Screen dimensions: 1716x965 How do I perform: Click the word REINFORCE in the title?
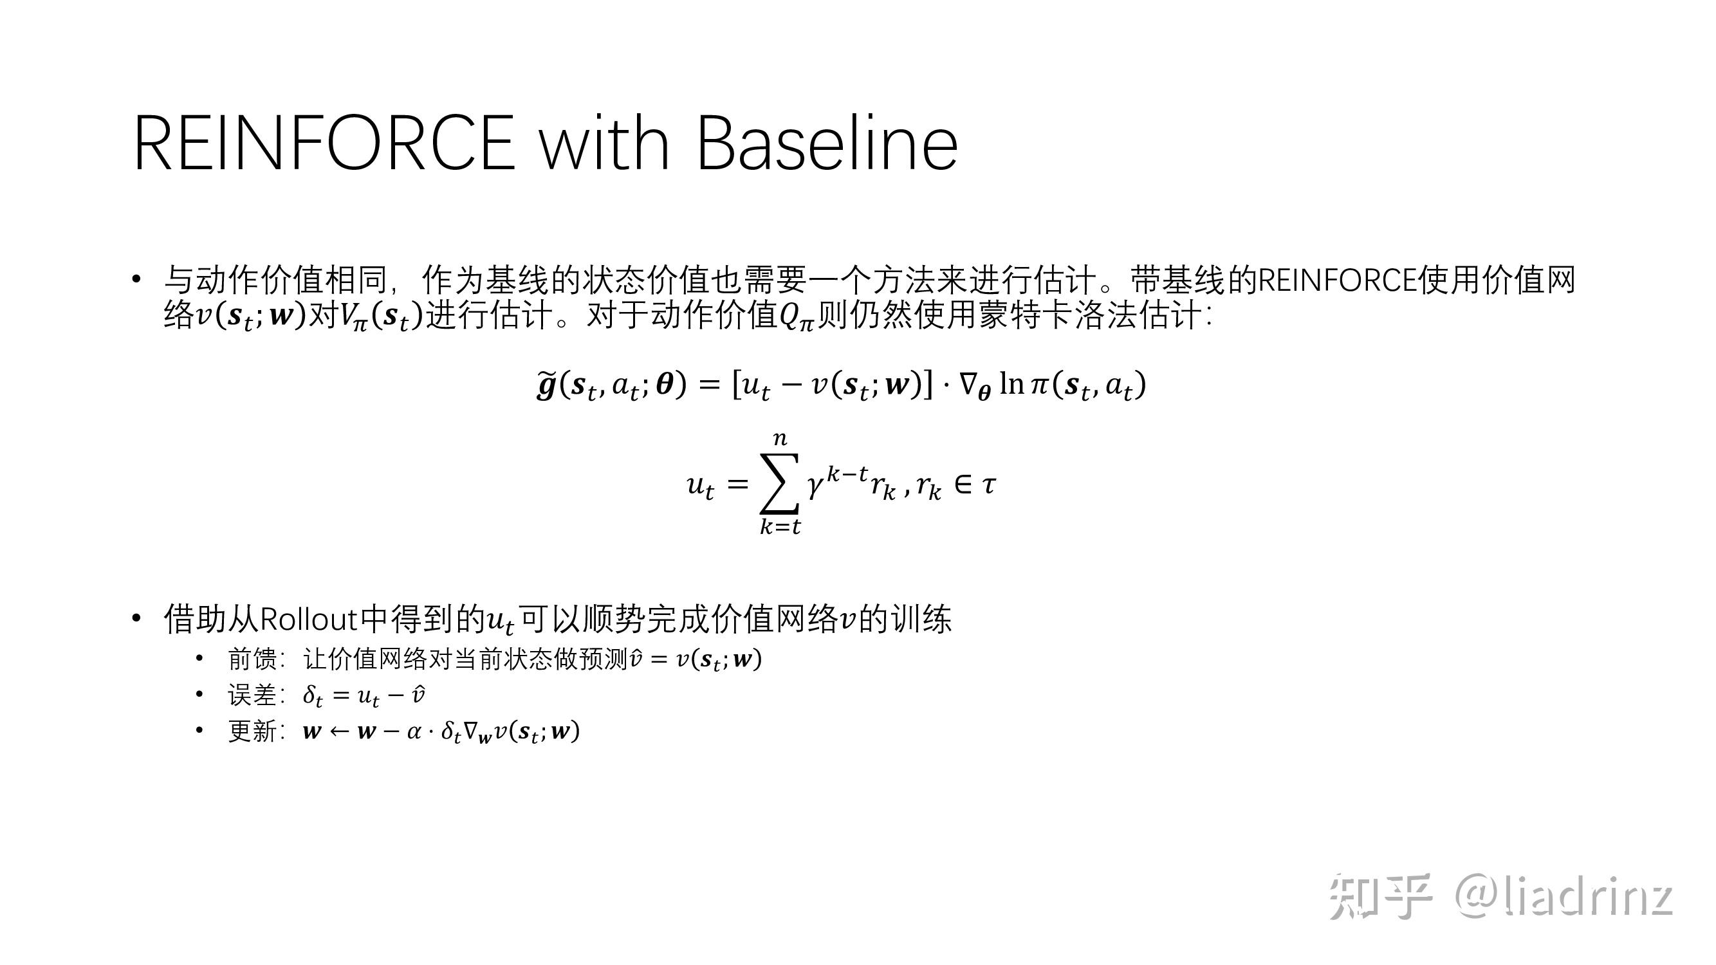[324, 143]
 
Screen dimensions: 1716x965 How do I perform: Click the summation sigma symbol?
[779, 484]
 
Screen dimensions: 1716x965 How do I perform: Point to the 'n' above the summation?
[780, 438]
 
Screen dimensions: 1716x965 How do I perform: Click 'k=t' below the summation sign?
[780, 526]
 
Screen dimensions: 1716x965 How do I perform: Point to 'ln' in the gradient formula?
[1011, 383]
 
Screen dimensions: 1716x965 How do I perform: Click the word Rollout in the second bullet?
[309, 620]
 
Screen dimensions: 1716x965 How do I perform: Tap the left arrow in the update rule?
[339, 732]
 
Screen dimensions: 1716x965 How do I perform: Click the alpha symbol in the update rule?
[414, 732]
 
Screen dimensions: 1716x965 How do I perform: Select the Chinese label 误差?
[252, 695]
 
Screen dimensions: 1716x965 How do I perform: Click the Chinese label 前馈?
[252, 659]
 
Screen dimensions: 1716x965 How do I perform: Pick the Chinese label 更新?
[252, 731]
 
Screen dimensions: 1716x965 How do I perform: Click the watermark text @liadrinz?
[1564, 897]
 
